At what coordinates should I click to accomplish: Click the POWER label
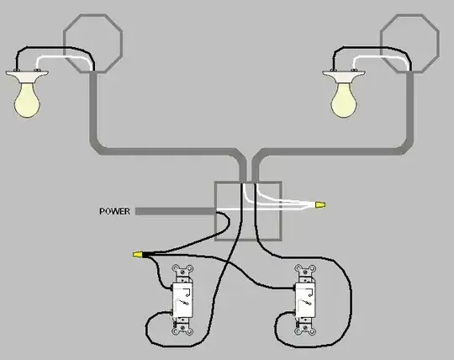pos(114,211)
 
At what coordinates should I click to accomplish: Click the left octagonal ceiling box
pos(93,15)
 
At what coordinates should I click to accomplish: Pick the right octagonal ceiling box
pos(409,15)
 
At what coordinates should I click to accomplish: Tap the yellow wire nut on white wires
pos(320,205)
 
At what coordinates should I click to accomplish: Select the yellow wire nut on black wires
pos(138,255)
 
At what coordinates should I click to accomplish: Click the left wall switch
pos(182,299)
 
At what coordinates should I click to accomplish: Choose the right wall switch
pos(305,299)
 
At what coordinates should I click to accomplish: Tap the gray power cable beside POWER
pos(176,211)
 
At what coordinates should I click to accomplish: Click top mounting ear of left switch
pos(182,270)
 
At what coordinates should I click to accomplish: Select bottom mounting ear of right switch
pos(305,330)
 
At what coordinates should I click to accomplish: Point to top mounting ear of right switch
pos(305,270)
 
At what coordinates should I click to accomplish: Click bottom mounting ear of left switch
pos(182,330)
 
